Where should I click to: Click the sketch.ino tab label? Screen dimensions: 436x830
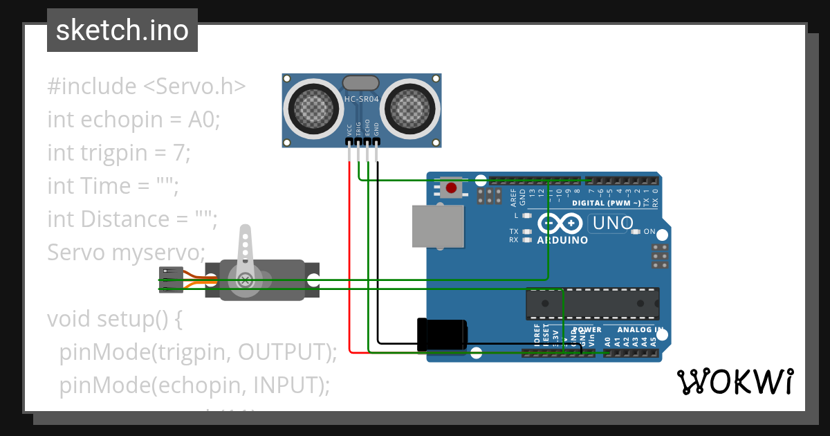coord(122,30)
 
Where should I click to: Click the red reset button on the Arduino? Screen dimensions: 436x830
coord(451,188)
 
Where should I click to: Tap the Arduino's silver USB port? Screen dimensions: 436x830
coord(437,226)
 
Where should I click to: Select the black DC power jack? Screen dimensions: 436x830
coord(442,334)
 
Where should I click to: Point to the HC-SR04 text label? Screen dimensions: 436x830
coord(362,100)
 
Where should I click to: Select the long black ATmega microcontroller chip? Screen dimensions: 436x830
coord(592,304)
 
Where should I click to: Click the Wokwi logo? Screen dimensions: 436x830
coord(734,381)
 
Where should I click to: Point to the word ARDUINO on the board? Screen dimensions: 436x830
coord(562,240)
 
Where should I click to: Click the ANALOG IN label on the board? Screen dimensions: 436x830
coord(640,330)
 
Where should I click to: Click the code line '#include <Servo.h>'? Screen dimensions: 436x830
coord(147,87)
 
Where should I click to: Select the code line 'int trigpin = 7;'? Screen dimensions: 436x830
coord(118,152)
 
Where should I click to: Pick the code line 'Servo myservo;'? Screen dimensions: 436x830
coord(127,252)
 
